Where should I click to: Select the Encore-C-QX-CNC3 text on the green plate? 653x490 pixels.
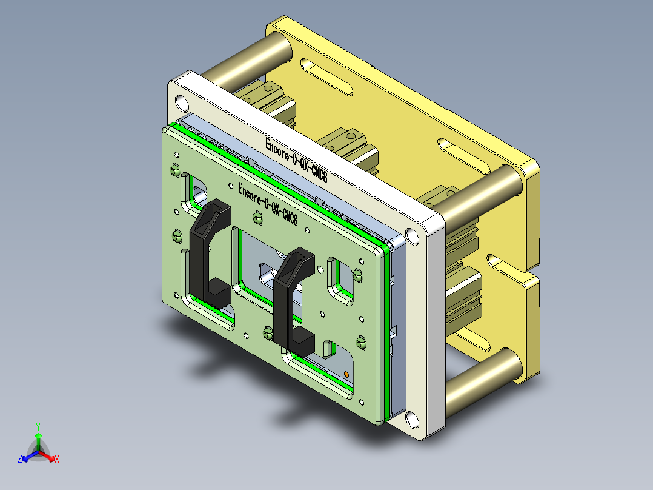[x=268, y=204]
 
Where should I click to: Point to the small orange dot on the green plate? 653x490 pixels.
[x=346, y=374]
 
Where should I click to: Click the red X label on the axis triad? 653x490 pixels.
[x=56, y=460]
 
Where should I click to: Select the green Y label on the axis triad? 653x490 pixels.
[x=38, y=426]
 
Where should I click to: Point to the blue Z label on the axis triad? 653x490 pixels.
[x=20, y=460]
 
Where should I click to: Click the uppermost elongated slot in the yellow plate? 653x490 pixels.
[x=327, y=78]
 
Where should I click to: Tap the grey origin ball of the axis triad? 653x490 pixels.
[x=38, y=452]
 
